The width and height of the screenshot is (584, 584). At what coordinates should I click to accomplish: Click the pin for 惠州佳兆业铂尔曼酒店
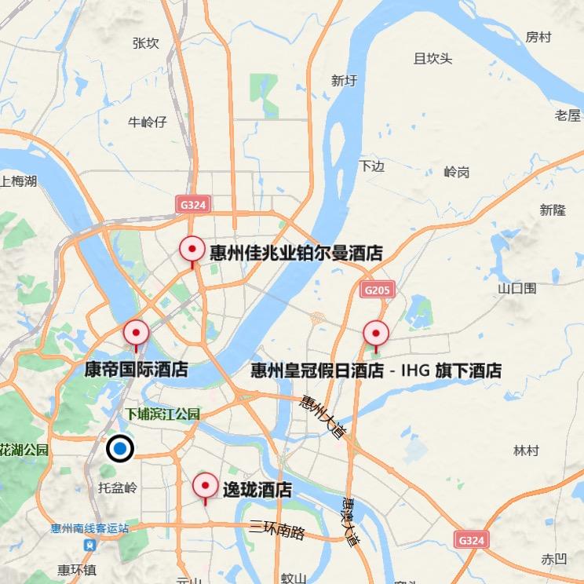click(192, 250)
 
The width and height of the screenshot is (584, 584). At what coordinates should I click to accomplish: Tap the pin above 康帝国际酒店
click(136, 334)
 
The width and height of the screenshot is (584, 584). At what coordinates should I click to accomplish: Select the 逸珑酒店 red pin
click(206, 486)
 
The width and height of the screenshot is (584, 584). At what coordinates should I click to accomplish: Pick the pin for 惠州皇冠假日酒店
click(375, 334)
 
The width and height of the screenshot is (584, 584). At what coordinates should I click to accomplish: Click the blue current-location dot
click(119, 449)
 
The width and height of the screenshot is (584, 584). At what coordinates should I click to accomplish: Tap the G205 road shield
click(377, 290)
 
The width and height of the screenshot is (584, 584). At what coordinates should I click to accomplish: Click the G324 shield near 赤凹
click(471, 540)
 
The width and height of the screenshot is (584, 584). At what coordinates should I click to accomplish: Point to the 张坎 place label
click(147, 43)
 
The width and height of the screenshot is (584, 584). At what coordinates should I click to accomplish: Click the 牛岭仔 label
click(148, 122)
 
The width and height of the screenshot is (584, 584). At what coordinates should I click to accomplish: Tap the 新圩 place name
click(345, 79)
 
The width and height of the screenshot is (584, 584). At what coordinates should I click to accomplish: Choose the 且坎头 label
click(433, 58)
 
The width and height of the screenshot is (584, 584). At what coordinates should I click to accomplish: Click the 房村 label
click(538, 37)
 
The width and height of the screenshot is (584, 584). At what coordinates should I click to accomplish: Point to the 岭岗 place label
click(456, 172)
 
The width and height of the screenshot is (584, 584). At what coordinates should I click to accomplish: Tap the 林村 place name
click(526, 451)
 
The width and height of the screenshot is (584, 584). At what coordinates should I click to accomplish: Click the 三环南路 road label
click(276, 530)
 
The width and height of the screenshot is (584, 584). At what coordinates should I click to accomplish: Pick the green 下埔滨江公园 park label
click(164, 414)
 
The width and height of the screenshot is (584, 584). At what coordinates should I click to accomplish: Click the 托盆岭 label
click(118, 487)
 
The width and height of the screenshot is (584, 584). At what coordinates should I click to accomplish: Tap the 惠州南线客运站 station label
click(89, 528)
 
